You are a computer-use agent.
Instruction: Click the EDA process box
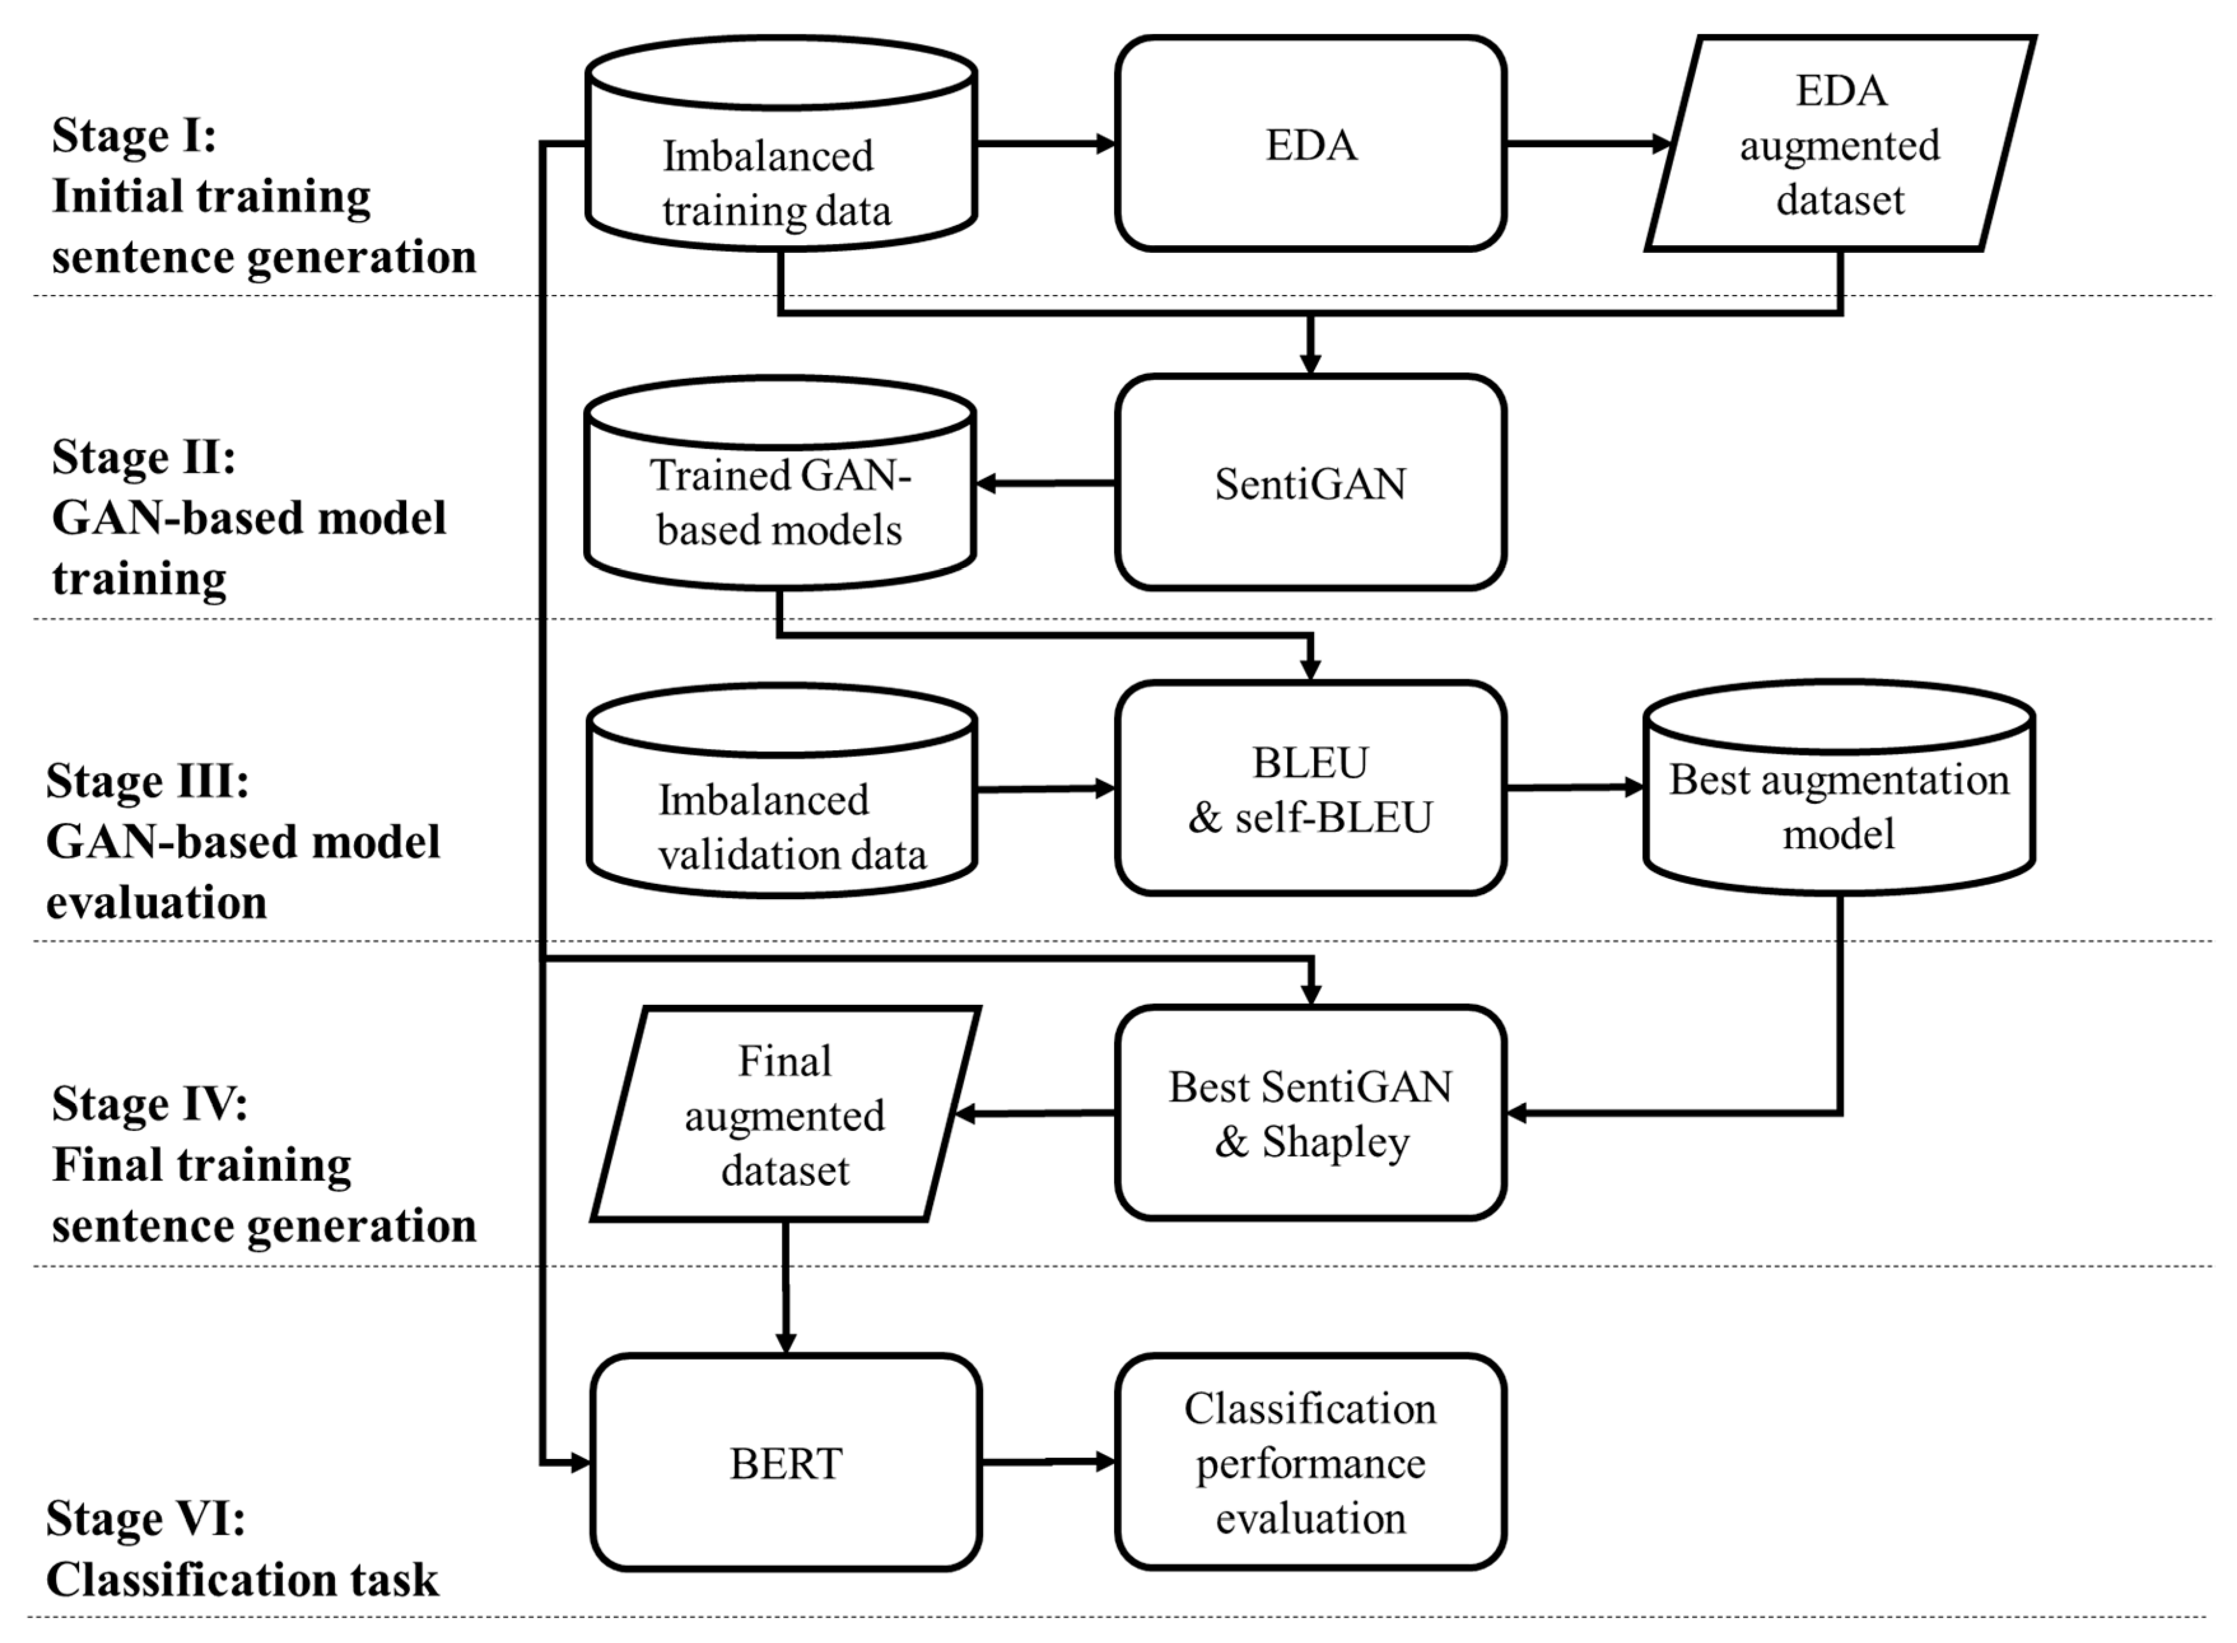click(x=1309, y=144)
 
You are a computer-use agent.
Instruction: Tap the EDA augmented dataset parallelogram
click(x=1839, y=144)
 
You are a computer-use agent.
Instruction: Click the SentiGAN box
click(x=1309, y=483)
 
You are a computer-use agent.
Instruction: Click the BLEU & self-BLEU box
click(x=1309, y=788)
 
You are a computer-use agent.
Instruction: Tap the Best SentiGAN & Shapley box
click(x=1309, y=1113)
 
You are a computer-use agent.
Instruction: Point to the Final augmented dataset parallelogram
click(x=786, y=1114)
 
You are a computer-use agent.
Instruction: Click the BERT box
click(x=786, y=1463)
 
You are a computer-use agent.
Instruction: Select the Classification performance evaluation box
click(x=1309, y=1462)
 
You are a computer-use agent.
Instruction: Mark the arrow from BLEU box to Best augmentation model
click(x=1574, y=788)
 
